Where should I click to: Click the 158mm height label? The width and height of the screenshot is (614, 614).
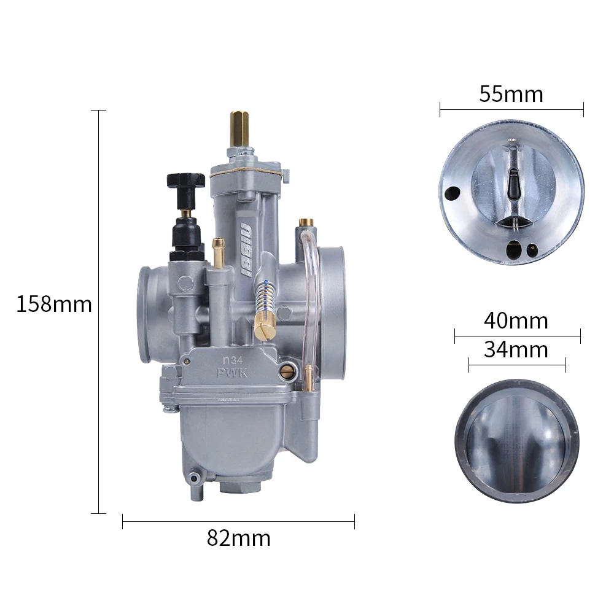pos(54,305)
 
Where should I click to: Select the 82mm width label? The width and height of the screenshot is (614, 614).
pos(238,538)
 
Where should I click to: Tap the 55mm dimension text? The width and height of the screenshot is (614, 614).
pos(511,95)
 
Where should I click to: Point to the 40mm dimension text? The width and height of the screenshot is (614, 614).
pos(516,321)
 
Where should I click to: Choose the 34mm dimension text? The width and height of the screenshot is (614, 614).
pos(516,350)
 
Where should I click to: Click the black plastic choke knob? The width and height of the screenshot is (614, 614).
pos(185,181)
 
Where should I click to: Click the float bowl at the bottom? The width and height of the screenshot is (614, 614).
pos(233,436)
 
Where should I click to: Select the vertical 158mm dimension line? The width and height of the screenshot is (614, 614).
pos(98,312)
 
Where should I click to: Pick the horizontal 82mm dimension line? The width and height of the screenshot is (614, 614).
pos(238,522)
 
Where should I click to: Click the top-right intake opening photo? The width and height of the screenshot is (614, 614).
pos(511,188)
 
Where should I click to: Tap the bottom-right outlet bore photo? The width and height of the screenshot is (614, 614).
pos(516,441)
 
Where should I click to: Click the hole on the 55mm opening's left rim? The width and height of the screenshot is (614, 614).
pos(454,193)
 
